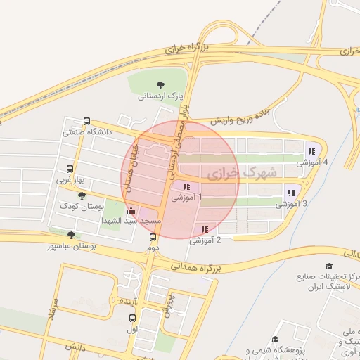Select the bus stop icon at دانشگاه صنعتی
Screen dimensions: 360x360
[x=86, y=121]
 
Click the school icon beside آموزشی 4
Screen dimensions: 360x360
[x=310, y=151]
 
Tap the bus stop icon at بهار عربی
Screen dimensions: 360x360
[x=70, y=169]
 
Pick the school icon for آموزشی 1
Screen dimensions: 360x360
[x=186, y=187]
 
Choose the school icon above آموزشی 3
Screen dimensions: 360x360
[x=290, y=193]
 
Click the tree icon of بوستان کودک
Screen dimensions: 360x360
[x=82, y=196]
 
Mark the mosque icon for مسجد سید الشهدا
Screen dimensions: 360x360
[x=130, y=210]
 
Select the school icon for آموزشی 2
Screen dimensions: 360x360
[x=205, y=229]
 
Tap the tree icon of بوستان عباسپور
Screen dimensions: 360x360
[x=70, y=236]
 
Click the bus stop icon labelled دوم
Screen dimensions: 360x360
[x=153, y=237]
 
